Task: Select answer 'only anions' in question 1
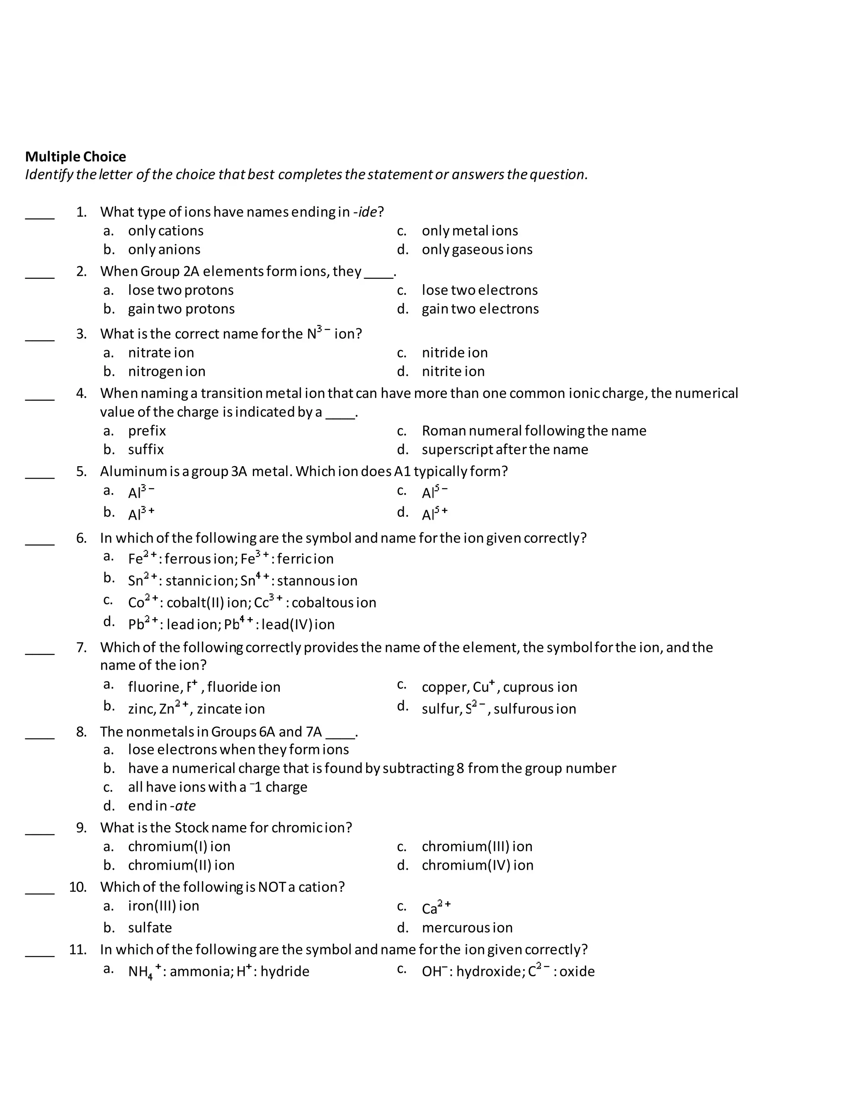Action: (x=164, y=250)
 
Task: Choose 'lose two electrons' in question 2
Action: (x=479, y=290)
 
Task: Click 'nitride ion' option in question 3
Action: (x=454, y=353)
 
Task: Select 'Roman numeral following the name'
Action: (x=534, y=431)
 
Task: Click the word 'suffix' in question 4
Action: (x=146, y=450)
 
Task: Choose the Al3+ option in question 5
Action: (x=141, y=514)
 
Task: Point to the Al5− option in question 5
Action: (x=434, y=491)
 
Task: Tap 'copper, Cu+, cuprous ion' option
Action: (x=499, y=687)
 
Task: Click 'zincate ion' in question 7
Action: (x=230, y=709)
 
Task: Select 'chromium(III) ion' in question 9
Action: (x=477, y=846)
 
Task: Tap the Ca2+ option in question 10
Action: (x=436, y=907)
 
